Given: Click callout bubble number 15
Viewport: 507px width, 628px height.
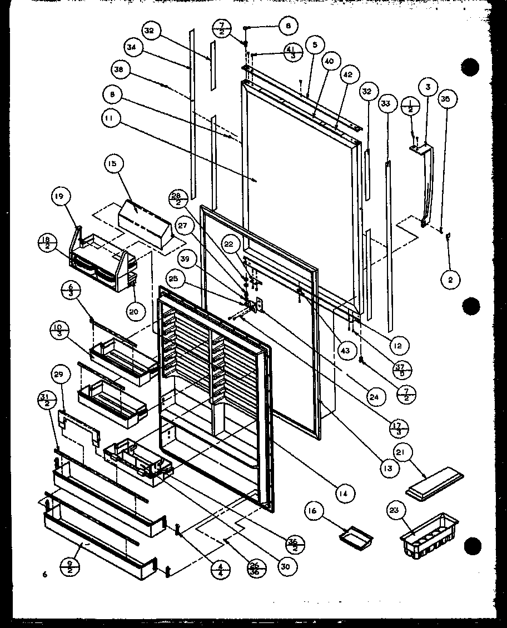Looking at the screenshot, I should pyautogui.click(x=113, y=164).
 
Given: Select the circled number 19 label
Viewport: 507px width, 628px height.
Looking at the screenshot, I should pyautogui.click(x=60, y=196).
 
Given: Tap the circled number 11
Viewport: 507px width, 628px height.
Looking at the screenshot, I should pyautogui.click(x=111, y=117).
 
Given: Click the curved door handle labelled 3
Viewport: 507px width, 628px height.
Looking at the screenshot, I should pyautogui.click(x=426, y=183).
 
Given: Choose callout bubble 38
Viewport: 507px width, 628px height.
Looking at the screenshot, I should pyautogui.click(x=118, y=70).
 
